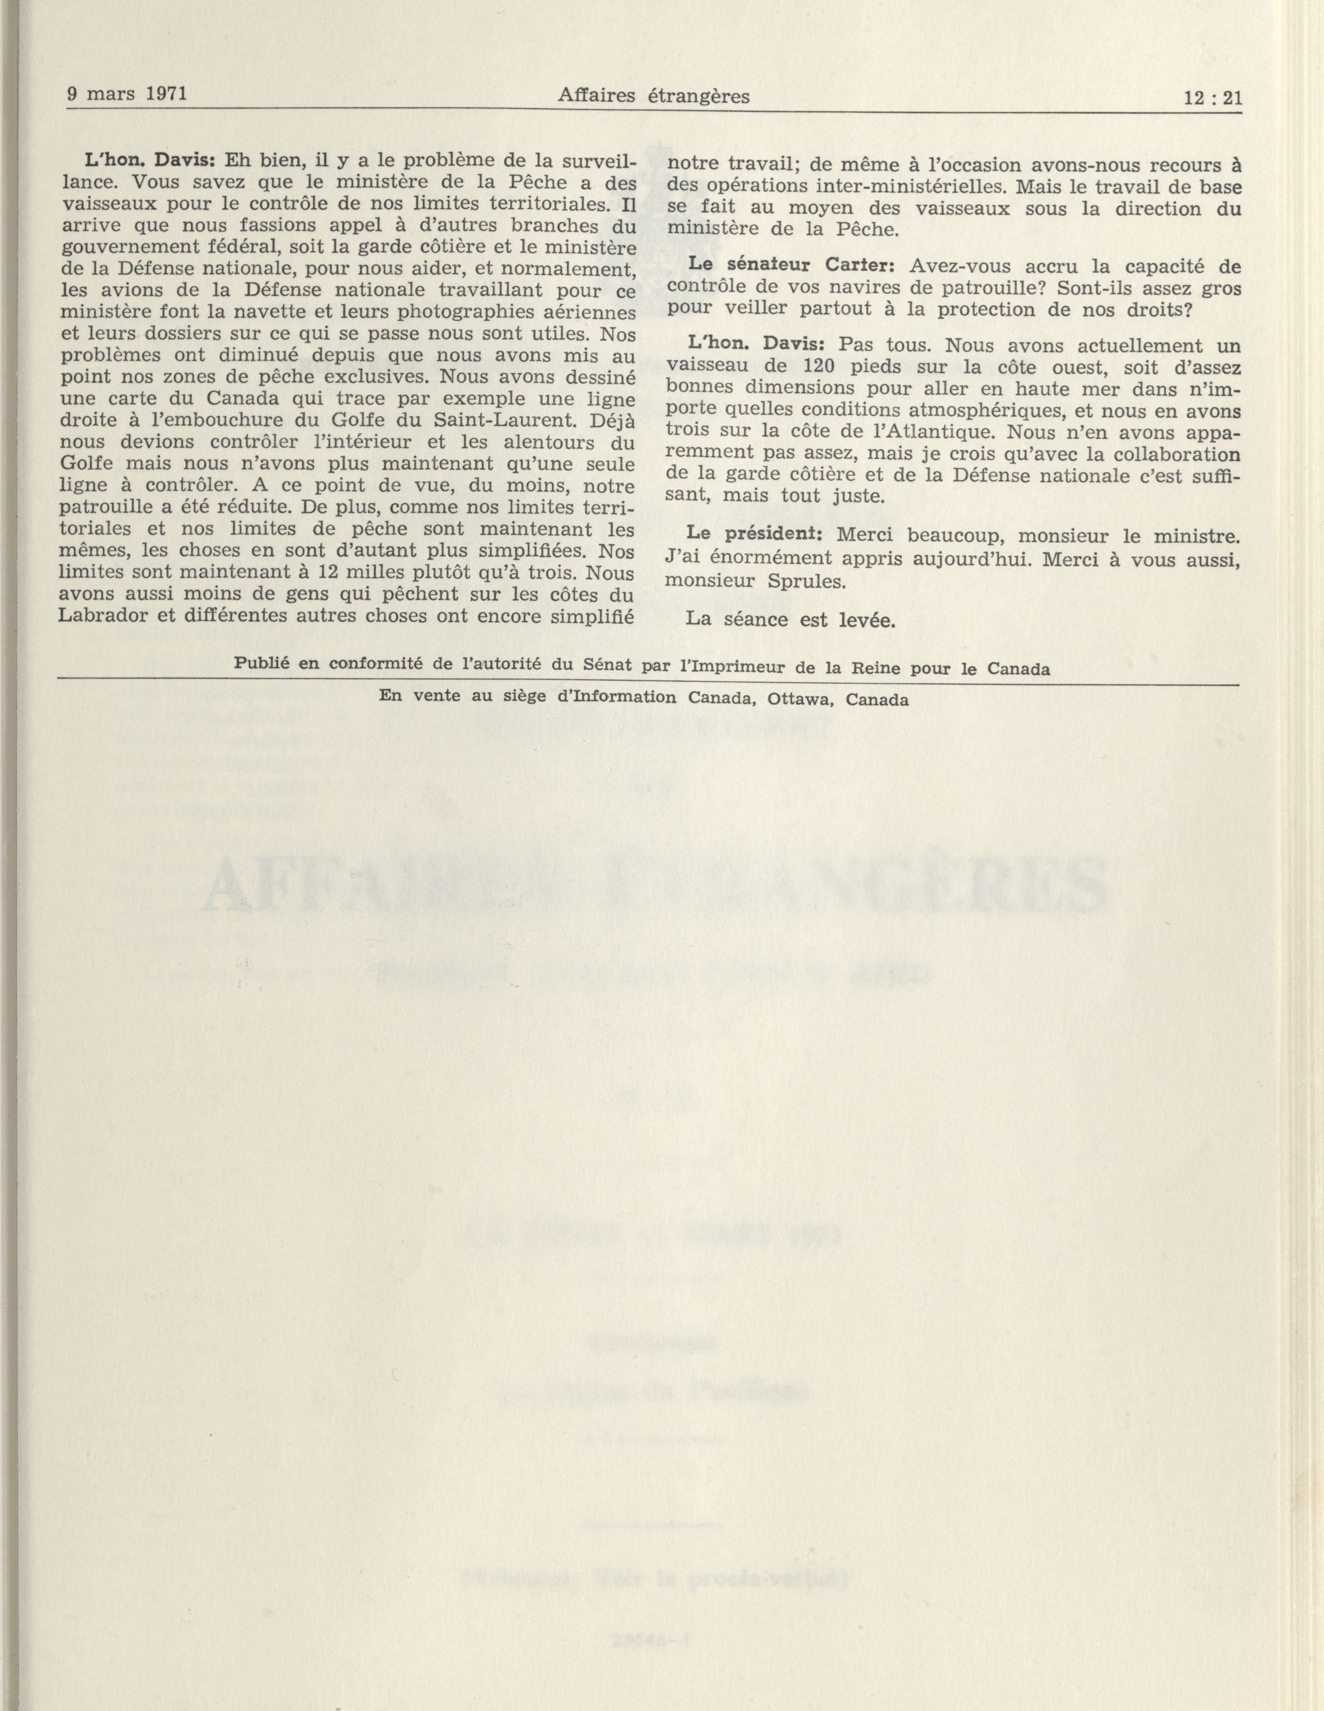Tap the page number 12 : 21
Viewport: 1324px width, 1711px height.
[x=1214, y=98]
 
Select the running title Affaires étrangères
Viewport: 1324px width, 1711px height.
[x=654, y=96]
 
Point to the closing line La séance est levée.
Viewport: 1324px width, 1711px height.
[x=790, y=619]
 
